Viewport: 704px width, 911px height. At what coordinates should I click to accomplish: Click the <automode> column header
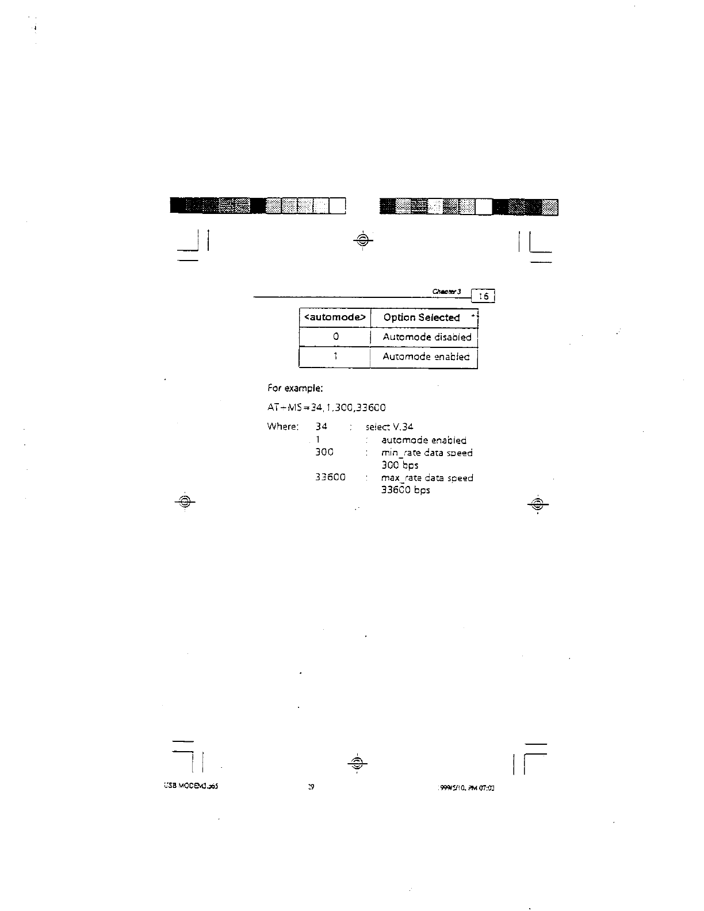click(x=335, y=317)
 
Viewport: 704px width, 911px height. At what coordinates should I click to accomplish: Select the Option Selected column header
click(x=422, y=317)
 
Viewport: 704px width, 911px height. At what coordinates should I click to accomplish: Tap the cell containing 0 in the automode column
click(x=335, y=337)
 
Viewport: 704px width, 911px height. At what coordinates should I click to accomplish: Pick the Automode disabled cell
click(x=427, y=337)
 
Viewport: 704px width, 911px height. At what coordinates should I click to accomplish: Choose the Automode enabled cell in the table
click(x=426, y=357)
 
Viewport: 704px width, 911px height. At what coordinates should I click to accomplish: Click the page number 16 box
click(x=483, y=296)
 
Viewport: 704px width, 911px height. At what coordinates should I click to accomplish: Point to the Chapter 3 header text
click(x=447, y=292)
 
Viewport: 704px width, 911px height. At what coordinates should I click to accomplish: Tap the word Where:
click(x=283, y=427)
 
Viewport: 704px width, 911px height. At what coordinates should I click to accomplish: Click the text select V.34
click(x=389, y=427)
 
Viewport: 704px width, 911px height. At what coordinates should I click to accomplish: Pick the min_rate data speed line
click(x=427, y=453)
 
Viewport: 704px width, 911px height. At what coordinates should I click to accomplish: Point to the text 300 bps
click(x=400, y=465)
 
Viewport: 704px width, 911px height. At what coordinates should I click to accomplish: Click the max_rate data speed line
click(x=427, y=478)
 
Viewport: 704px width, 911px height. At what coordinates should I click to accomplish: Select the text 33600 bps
click(x=405, y=491)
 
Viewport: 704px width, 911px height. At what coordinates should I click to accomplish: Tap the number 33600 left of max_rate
click(x=330, y=477)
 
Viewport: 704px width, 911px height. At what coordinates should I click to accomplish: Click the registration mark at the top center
click(x=362, y=240)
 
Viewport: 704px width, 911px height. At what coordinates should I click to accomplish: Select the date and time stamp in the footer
click(x=467, y=787)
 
